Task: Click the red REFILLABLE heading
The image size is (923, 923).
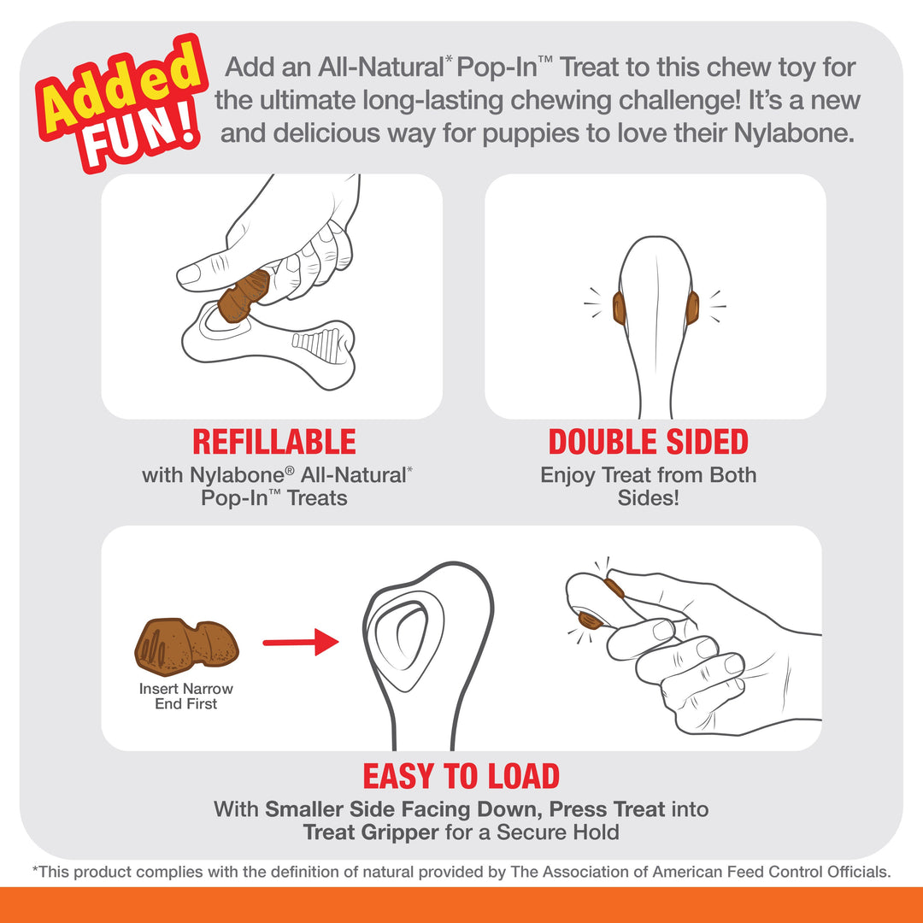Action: point(273,442)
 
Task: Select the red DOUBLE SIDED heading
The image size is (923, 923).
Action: point(648,442)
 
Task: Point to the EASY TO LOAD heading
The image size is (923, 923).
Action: point(461,776)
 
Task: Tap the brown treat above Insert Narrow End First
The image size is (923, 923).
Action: point(186,642)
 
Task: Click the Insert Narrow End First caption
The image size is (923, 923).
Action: point(186,697)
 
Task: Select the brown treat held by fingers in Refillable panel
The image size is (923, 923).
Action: point(244,295)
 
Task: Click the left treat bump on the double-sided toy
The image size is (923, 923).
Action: point(619,308)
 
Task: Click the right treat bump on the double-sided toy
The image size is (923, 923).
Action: point(691,308)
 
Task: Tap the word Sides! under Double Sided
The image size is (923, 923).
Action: point(648,497)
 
